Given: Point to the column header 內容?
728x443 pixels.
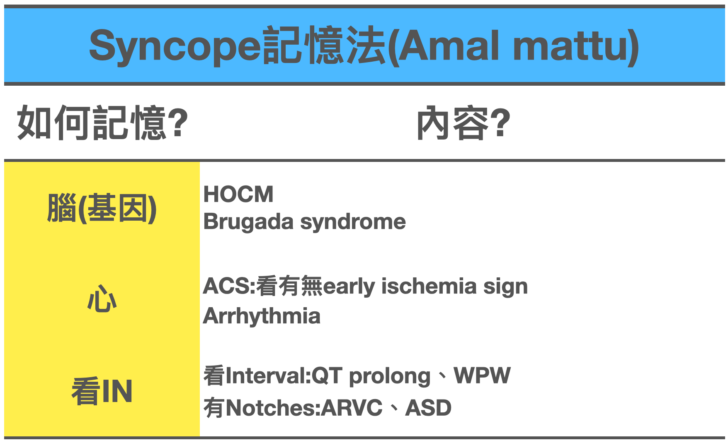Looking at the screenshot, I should (x=463, y=123).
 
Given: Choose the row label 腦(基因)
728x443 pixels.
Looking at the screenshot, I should (x=102, y=208).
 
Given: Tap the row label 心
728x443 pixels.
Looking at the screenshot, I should (x=102, y=299).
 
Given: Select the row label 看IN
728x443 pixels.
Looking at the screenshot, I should (x=102, y=391).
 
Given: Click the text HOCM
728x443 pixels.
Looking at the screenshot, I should (x=238, y=194).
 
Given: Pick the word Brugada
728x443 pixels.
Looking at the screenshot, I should (x=248, y=222).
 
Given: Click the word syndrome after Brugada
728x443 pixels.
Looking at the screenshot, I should (x=353, y=222).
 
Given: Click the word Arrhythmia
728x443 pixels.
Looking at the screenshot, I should (x=262, y=316).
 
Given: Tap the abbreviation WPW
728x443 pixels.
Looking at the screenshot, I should (x=482, y=376).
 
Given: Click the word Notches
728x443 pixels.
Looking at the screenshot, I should (x=270, y=408).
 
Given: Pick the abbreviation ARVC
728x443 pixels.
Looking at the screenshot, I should (x=352, y=408).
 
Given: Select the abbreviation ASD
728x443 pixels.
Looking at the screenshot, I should (x=428, y=408).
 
